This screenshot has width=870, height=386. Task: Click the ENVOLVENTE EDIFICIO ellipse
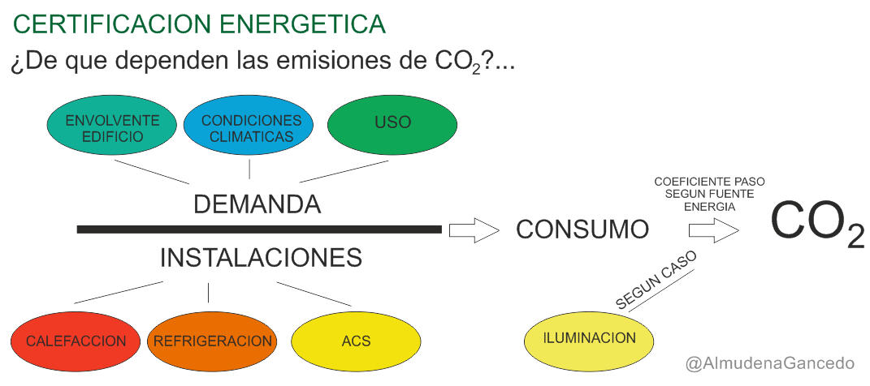point(112,126)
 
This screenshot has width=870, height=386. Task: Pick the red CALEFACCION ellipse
point(76,341)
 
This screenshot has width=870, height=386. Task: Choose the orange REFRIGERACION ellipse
point(213,341)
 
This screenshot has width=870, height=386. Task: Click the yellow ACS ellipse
point(357,341)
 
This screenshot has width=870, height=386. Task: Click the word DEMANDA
point(258,204)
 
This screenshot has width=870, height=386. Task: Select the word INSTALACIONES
point(262,258)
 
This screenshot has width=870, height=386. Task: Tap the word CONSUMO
point(582,229)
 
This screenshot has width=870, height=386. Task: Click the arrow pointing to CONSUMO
point(474,229)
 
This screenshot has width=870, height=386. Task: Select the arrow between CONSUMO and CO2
point(713,229)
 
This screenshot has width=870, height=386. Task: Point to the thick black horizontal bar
point(260,229)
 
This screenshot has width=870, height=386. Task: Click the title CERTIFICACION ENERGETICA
point(199,24)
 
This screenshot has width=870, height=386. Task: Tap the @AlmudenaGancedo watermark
point(770,364)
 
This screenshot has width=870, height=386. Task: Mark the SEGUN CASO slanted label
point(656,282)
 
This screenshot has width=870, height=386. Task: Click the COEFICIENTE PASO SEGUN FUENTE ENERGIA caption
point(710,195)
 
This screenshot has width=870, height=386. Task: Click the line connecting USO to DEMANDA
point(344,171)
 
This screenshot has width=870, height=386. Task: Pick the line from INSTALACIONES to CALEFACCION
point(118,293)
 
